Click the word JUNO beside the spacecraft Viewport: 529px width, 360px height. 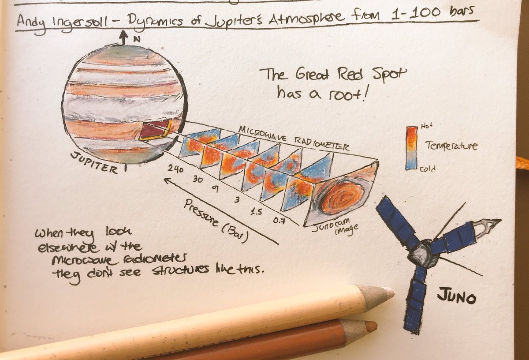(x=456, y=296)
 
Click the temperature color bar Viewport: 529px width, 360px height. (x=411, y=148)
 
